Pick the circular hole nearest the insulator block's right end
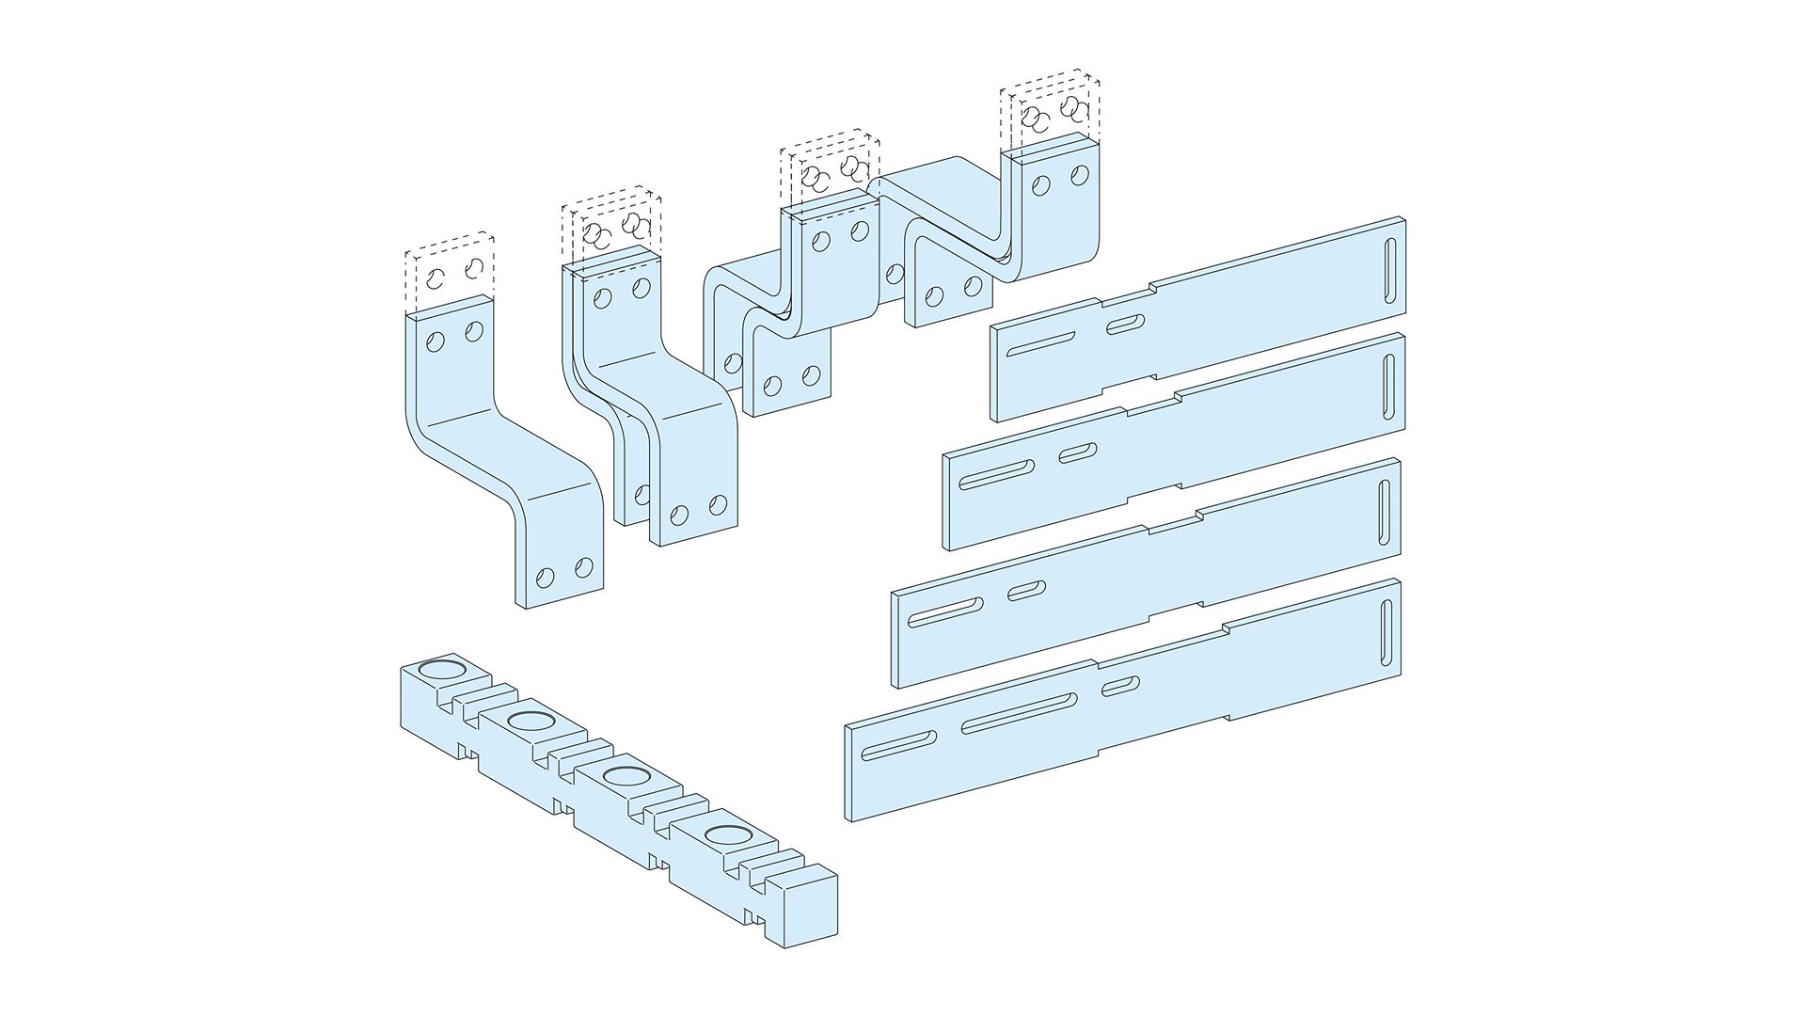point(723,834)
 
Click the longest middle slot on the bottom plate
point(1019,711)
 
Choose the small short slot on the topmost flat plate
point(1126,325)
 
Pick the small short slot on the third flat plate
point(1026,591)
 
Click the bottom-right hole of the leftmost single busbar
point(584,566)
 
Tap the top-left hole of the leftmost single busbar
point(435,341)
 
